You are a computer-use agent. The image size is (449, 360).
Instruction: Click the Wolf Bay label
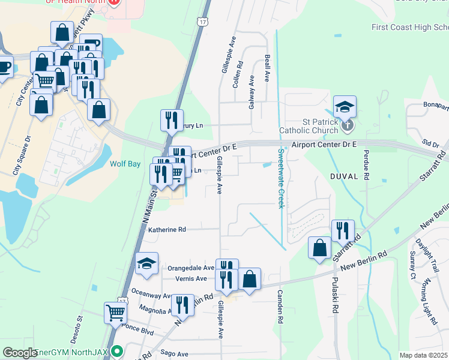(x=124, y=163)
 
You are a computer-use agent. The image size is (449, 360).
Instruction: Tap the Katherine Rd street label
(x=167, y=229)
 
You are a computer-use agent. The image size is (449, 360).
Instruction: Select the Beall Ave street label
(x=267, y=69)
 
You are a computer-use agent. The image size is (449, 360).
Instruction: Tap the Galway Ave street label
(x=252, y=94)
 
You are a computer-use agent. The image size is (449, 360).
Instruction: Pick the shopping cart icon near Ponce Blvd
(x=115, y=311)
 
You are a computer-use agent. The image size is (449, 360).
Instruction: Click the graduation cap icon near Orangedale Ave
(x=146, y=263)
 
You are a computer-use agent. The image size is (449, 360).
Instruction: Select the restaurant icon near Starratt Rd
(x=342, y=230)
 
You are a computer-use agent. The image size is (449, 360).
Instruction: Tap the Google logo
(x=20, y=353)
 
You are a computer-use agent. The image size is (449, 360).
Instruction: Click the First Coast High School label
(x=409, y=28)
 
